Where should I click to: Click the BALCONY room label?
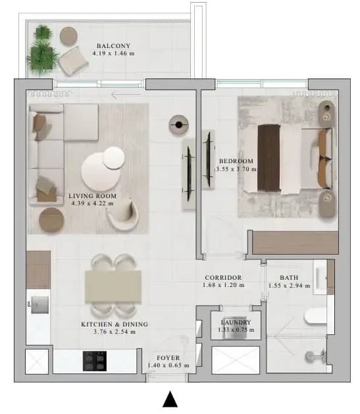[x=113, y=46]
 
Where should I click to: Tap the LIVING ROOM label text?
[x=92, y=196]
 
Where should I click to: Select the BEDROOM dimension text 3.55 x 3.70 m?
[x=236, y=169]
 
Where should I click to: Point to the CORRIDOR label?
[x=223, y=278]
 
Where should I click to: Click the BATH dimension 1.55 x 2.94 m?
[x=290, y=286]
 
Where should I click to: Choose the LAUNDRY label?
[x=236, y=322]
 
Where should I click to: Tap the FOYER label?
[x=168, y=358]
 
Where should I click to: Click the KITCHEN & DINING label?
[x=115, y=324]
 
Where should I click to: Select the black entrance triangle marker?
[x=170, y=399]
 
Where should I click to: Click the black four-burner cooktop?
[x=95, y=361]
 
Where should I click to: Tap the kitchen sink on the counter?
[x=39, y=305]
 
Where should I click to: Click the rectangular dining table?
[x=113, y=286]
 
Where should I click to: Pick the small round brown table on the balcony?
[x=68, y=36]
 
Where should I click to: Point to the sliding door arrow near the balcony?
[x=126, y=95]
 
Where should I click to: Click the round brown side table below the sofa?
[x=51, y=220]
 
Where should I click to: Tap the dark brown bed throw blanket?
[x=269, y=157]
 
